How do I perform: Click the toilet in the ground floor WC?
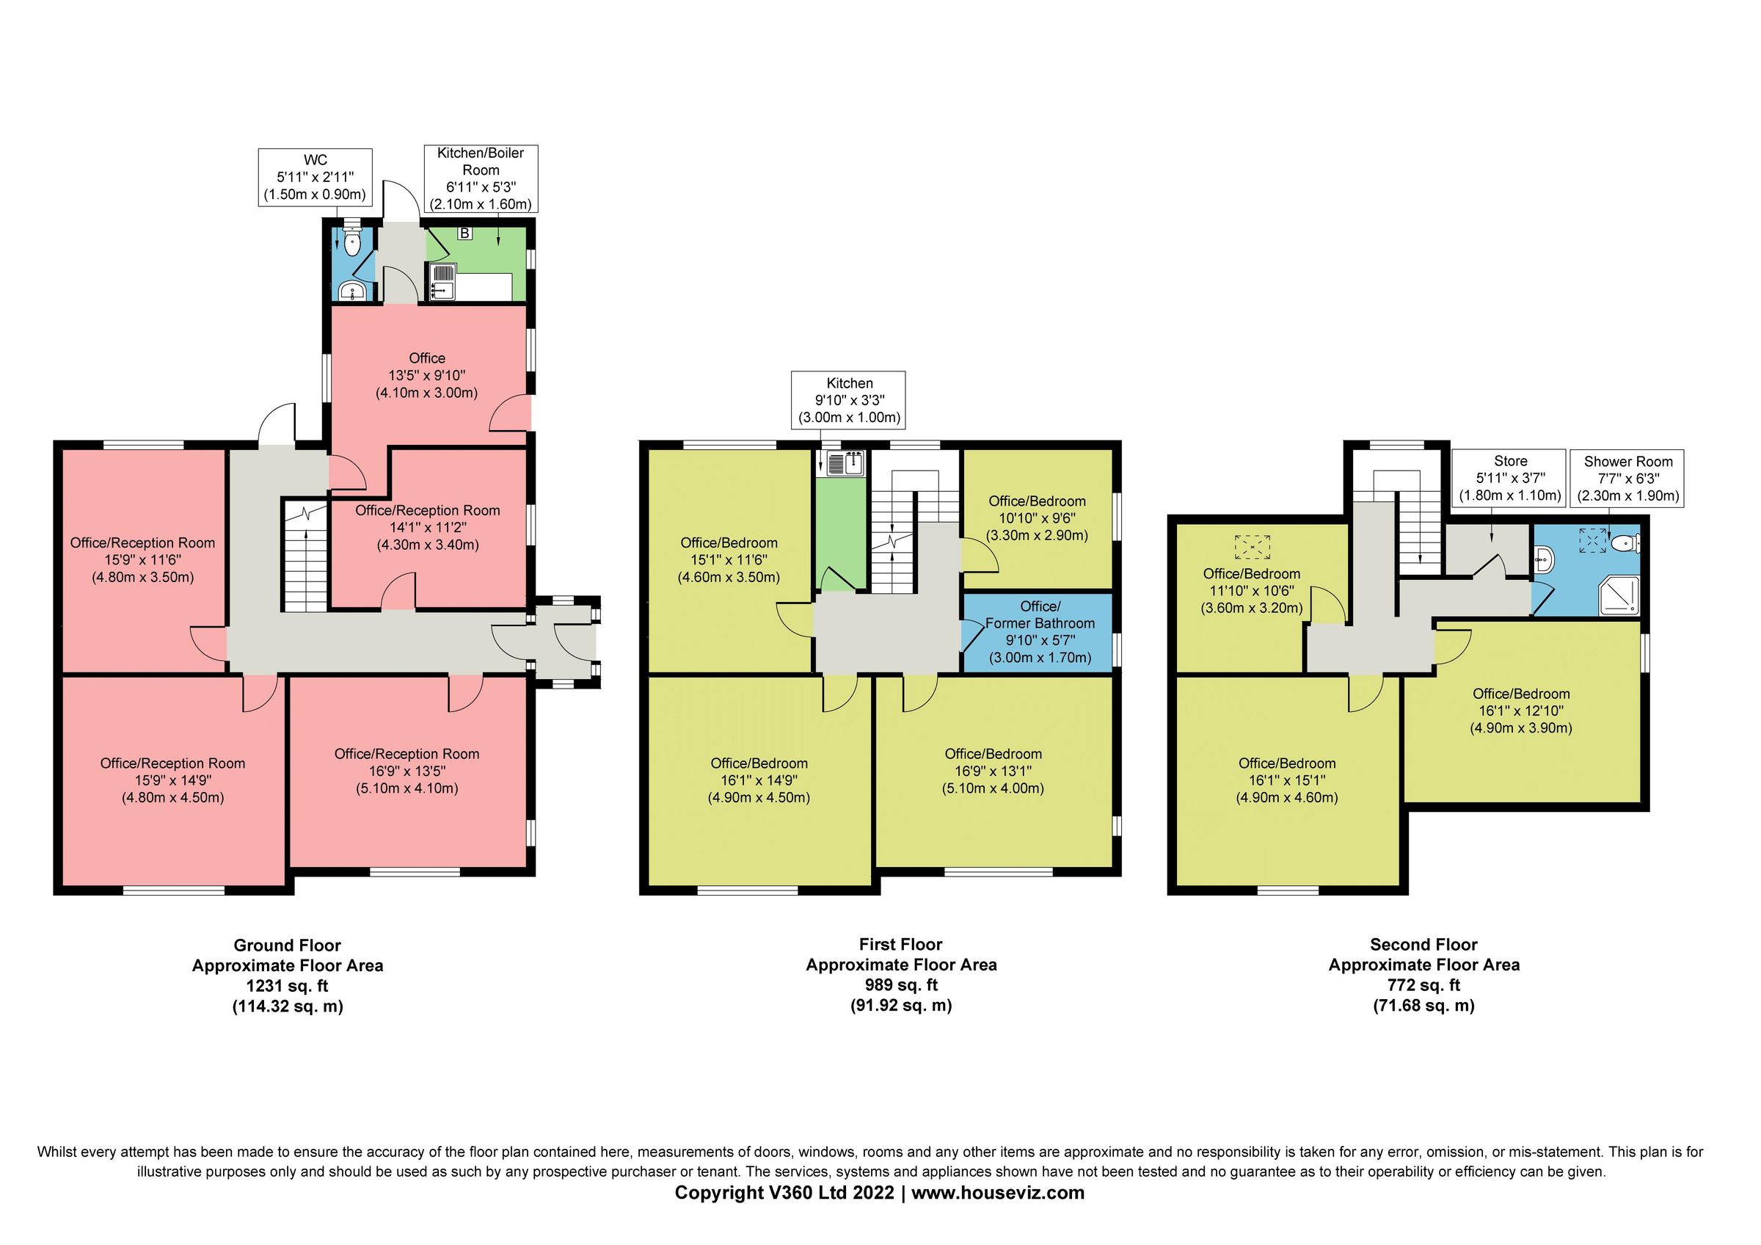click(352, 242)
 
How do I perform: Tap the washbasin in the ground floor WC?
click(351, 292)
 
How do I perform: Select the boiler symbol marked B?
click(464, 233)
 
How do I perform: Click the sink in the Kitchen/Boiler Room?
click(443, 282)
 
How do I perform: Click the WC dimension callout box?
click(316, 177)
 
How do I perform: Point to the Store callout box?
click(1509, 478)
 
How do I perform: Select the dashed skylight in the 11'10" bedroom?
click(1252, 546)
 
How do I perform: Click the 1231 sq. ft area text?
click(287, 986)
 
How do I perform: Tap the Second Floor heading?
click(1423, 944)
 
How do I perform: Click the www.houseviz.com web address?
click(997, 1192)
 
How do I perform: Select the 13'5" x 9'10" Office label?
click(426, 375)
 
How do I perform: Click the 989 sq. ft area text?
click(900, 985)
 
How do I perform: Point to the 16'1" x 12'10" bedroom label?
click(1520, 711)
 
